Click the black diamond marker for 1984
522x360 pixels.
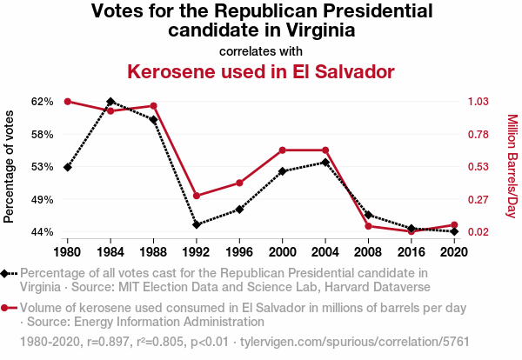(x=110, y=102)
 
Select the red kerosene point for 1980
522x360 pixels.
(x=68, y=102)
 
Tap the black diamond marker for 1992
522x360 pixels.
(x=197, y=224)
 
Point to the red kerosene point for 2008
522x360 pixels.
(x=369, y=226)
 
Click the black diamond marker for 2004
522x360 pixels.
(x=325, y=163)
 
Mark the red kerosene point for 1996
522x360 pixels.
(x=239, y=183)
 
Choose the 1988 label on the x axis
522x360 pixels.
(x=154, y=253)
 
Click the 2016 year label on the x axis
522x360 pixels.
(x=412, y=253)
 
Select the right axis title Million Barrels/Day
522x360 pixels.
(x=512, y=166)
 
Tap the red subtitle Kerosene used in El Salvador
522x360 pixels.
(x=261, y=71)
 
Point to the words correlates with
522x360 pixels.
(x=261, y=50)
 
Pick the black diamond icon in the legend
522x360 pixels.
(x=6, y=274)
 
